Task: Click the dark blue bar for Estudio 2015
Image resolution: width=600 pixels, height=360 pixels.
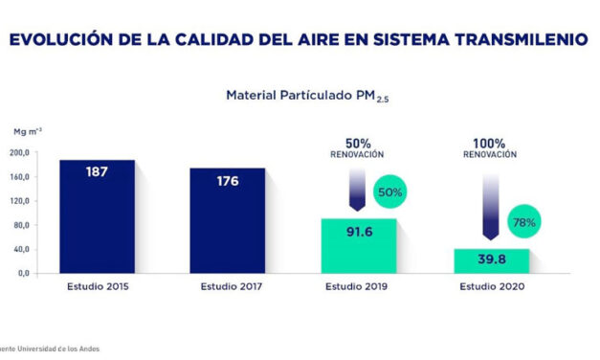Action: pyautogui.click(x=98, y=216)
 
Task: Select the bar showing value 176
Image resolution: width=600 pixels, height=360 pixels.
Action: pyautogui.click(x=226, y=221)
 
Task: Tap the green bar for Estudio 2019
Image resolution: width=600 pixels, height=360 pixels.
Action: pyautogui.click(x=358, y=246)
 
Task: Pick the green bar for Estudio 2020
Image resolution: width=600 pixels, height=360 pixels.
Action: pyautogui.click(x=491, y=260)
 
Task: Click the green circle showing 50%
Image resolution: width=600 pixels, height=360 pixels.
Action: pyautogui.click(x=390, y=191)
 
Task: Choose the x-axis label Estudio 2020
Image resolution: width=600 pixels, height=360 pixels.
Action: pyautogui.click(x=491, y=286)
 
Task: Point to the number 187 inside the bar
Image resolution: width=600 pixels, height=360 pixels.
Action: pyautogui.click(x=98, y=173)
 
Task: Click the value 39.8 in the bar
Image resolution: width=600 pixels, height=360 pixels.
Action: pyautogui.click(x=491, y=259)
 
